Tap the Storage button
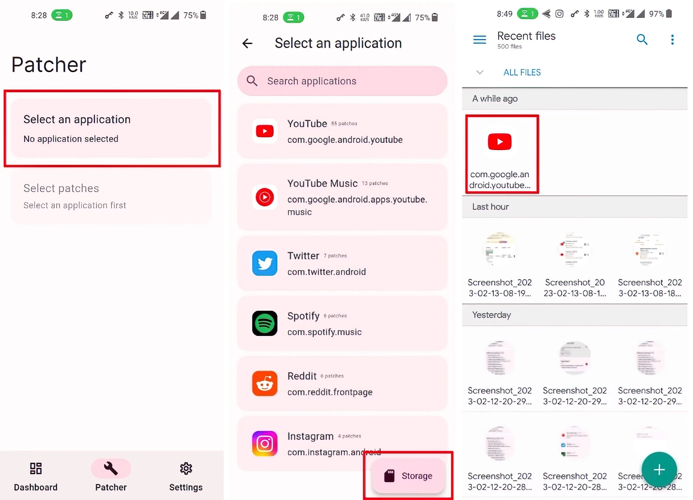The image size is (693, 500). pos(408,476)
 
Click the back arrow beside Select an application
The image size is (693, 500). pos(247,43)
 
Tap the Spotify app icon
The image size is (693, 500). pos(265,323)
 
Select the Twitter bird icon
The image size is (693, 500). pos(265,263)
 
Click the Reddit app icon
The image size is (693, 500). pos(265,383)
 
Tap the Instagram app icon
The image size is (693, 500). pos(265,443)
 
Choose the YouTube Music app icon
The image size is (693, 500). pos(265,197)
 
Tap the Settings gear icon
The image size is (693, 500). pos(186,468)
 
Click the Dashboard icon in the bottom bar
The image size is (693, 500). pos(36,468)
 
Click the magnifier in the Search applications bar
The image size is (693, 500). pos(252,81)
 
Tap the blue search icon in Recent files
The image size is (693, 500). pos(642,39)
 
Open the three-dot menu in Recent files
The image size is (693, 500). pos(672,39)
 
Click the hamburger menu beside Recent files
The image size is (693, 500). pos(479,39)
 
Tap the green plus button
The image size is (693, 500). pos(659,470)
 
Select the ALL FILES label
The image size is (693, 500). pos(522,72)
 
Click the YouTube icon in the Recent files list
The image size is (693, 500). pos(500,142)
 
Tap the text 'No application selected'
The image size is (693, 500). pos(71,139)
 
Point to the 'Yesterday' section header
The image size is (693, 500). pos(491,315)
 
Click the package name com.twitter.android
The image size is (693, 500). pos(326,272)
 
